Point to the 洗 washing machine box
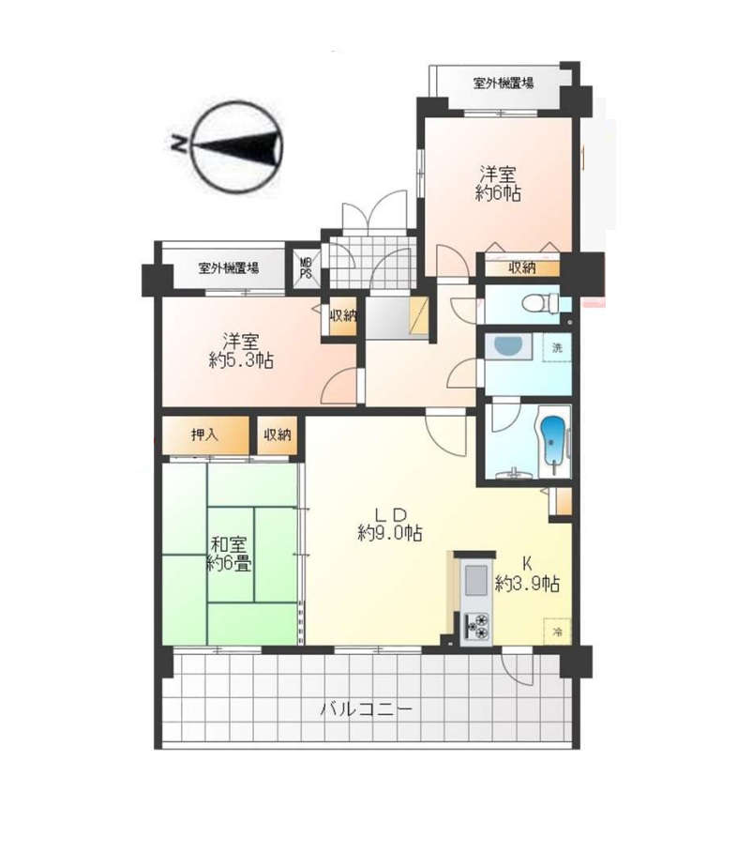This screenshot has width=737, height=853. (557, 347)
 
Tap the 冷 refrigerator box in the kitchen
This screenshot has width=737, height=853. (557, 632)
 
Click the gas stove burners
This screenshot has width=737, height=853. (476, 626)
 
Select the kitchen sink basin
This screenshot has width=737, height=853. (475, 581)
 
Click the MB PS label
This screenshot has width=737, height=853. (306, 268)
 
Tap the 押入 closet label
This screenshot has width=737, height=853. (204, 434)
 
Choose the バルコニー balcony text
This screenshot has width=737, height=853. (366, 709)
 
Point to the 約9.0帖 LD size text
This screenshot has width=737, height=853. (390, 533)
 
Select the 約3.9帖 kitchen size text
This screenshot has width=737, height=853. (527, 584)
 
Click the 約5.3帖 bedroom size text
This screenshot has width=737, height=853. (241, 360)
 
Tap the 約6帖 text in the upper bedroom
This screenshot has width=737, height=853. (498, 193)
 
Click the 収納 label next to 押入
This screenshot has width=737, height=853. (278, 434)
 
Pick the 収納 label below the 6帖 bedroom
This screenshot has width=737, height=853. (521, 267)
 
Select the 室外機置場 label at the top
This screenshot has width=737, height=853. (504, 84)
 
